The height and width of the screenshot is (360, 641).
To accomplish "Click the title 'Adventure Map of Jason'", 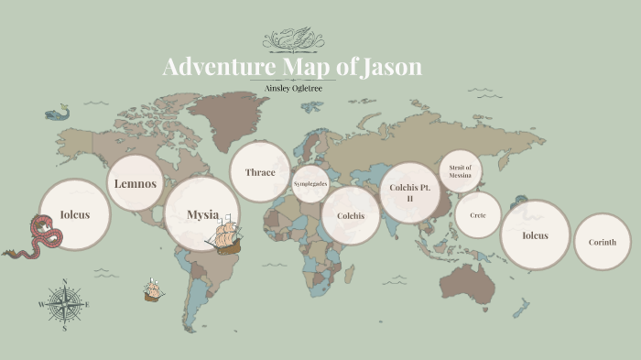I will click(292, 68).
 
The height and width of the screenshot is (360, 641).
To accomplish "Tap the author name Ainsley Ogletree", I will click(292, 89).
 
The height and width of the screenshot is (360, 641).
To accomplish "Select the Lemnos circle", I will click(136, 183).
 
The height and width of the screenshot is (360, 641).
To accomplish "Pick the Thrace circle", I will click(260, 171).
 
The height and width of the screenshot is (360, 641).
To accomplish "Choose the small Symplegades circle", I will click(310, 184).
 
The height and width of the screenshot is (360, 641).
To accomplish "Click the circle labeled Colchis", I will click(351, 216).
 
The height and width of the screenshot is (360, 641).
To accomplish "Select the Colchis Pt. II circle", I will click(408, 192).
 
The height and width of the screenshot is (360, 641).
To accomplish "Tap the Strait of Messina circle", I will click(461, 171).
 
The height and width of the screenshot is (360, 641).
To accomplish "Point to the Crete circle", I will click(478, 215).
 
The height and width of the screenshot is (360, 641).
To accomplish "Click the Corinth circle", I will click(602, 242).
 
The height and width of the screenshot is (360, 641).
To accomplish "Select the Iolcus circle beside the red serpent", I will click(74, 216).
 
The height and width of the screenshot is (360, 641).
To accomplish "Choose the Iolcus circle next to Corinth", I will click(535, 235).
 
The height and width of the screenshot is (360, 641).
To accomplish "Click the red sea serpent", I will click(40, 236).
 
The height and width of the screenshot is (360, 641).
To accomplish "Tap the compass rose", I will click(63, 302).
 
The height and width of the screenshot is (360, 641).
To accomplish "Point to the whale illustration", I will click(58, 114).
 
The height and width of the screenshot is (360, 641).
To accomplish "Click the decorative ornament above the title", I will click(292, 39).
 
